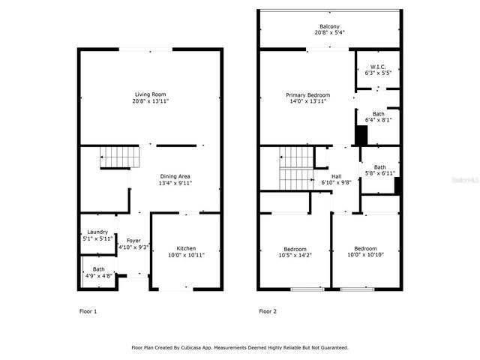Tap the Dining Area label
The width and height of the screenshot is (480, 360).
click(174, 175)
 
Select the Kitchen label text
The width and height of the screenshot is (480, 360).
click(186, 248)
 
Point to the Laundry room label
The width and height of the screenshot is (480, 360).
click(97, 232)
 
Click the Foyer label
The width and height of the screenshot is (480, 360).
click(133, 240)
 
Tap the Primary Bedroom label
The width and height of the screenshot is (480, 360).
click(307, 95)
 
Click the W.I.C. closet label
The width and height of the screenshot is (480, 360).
click(377, 66)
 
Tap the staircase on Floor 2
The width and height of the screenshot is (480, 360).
click(295, 169)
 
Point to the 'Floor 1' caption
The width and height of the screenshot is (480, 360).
click(88, 310)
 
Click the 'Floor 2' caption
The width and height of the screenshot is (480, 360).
click(268, 310)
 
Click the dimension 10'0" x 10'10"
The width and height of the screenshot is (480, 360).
click(365, 255)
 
